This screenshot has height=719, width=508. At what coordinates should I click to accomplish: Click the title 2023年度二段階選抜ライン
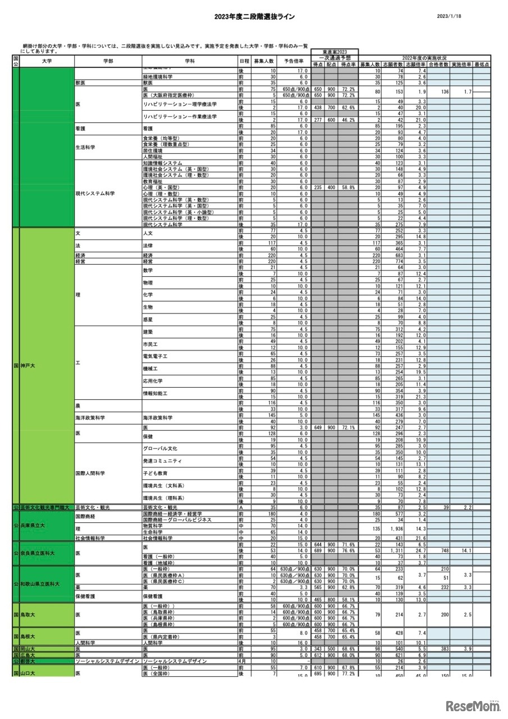(x=254, y=17)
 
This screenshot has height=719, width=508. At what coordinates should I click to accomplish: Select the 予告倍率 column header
(x=294, y=61)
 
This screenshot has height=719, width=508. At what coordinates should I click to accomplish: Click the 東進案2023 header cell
(x=335, y=52)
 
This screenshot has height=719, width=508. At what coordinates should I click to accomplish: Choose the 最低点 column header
(x=482, y=65)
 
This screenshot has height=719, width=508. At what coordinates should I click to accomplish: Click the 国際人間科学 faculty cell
(x=90, y=473)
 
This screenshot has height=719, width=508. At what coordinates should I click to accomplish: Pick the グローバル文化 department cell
(x=160, y=448)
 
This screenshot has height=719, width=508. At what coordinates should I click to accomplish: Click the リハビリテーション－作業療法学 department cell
(x=180, y=116)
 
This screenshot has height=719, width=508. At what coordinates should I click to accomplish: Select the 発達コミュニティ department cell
(x=163, y=461)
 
